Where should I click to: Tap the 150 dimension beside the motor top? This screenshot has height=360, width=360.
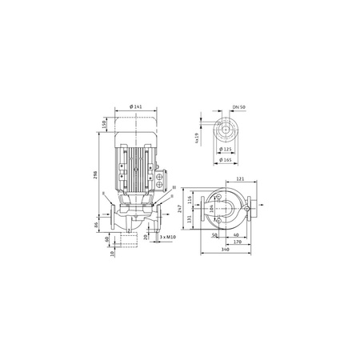click(x=105, y=126)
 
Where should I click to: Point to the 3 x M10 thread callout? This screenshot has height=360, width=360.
click(x=167, y=238)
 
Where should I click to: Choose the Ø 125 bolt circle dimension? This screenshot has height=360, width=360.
click(x=226, y=149)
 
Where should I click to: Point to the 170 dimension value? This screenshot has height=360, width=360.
click(x=237, y=242)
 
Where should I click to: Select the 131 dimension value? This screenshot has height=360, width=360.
click(x=188, y=219)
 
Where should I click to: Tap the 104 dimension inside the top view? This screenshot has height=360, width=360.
click(x=210, y=208)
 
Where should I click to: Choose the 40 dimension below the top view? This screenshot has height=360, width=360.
click(x=236, y=235)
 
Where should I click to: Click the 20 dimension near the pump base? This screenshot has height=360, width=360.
click(x=146, y=237)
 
